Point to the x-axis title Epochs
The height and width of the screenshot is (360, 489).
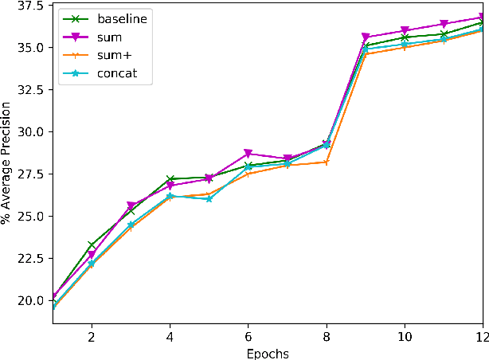click(x=267, y=353)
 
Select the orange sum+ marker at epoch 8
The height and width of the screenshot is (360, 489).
click(x=327, y=162)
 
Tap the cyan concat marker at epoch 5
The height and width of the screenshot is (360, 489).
click(x=209, y=199)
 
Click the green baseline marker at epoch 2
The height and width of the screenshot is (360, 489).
click(x=92, y=245)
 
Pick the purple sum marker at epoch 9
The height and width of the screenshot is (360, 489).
click(x=366, y=37)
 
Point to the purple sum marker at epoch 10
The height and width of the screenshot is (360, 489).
click(x=405, y=31)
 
